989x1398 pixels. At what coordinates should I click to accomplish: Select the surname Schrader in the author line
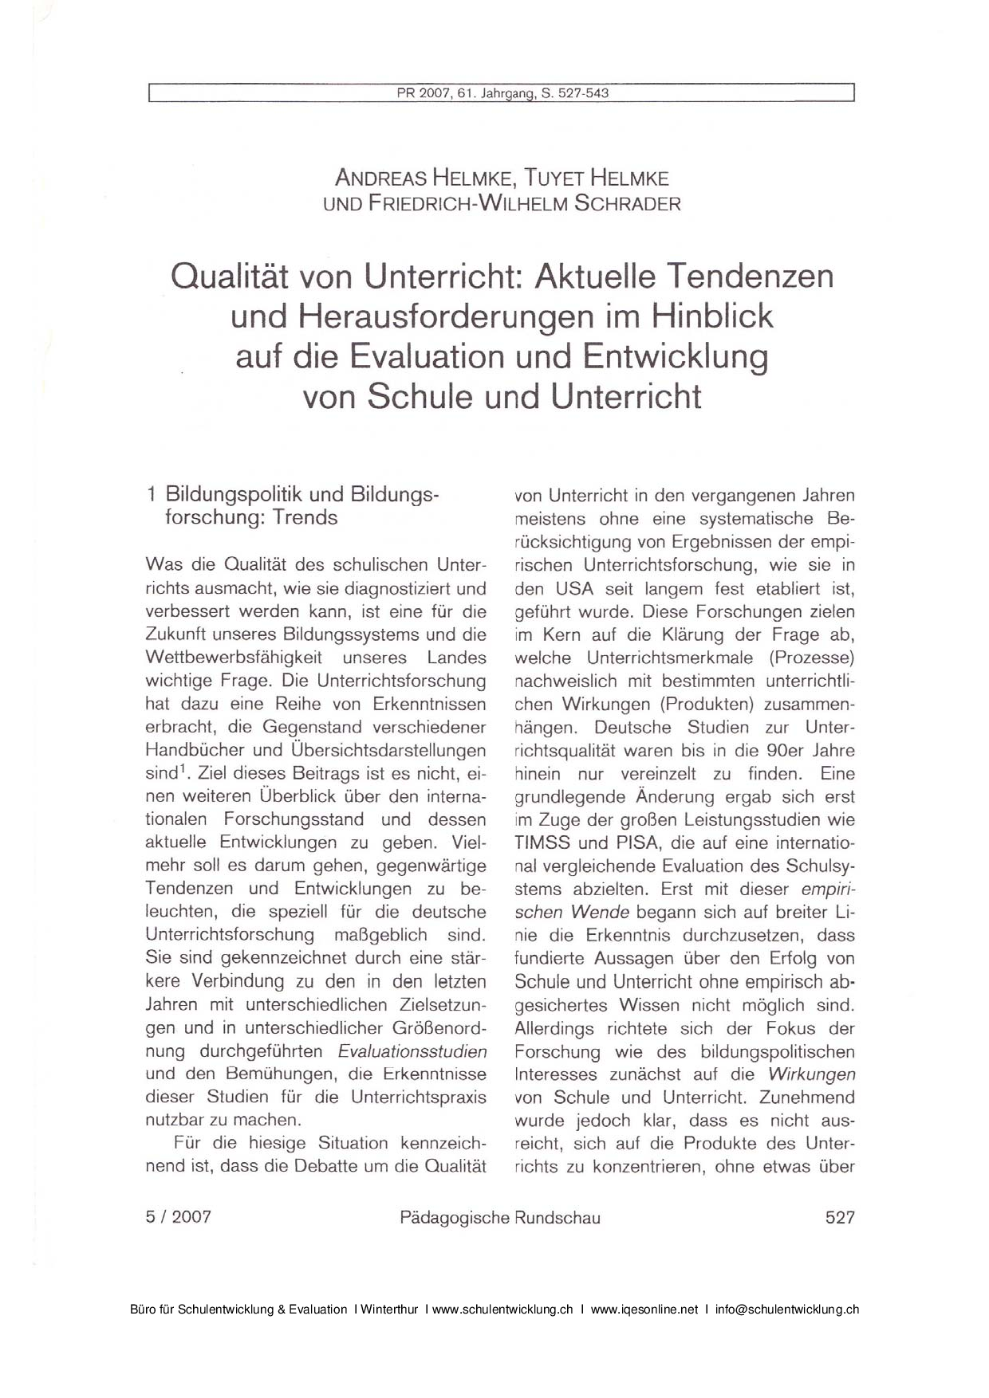(628, 204)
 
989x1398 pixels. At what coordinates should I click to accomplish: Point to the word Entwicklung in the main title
(675, 356)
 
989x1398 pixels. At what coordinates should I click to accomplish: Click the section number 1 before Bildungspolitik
(152, 495)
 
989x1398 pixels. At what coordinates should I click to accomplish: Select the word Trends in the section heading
(305, 518)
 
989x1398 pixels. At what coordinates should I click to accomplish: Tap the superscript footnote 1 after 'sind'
(183, 769)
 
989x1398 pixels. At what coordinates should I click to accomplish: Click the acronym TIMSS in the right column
(542, 842)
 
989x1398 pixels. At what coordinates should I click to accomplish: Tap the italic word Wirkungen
(812, 1074)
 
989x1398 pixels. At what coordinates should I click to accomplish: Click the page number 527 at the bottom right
(840, 1217)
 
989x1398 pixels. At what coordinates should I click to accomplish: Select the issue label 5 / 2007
(179, 1217)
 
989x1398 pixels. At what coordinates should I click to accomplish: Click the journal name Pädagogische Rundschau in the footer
(500, 1218)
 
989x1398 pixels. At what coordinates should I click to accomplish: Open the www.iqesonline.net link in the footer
(644, 1310)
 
